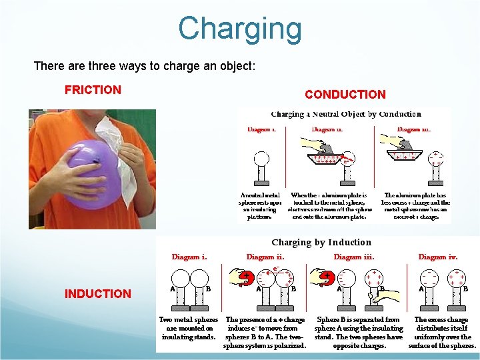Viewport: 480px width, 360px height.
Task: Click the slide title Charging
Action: pos(239,29)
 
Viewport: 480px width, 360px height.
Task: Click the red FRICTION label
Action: pos(93,89)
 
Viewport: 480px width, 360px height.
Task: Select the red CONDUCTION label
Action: pos(345,95)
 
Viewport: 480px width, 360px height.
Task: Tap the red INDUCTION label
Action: pos(97,293)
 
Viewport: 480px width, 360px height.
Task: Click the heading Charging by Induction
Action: pos(321,242)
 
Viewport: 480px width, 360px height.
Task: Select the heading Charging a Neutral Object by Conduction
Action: pos(345,114)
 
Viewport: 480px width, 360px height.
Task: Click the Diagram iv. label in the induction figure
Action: pos(437,256)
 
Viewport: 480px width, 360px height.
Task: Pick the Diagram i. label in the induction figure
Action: pos(189,256)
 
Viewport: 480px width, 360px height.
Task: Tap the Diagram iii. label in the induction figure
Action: pos(353,256)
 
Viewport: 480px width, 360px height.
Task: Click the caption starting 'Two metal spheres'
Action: pos(189,328)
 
